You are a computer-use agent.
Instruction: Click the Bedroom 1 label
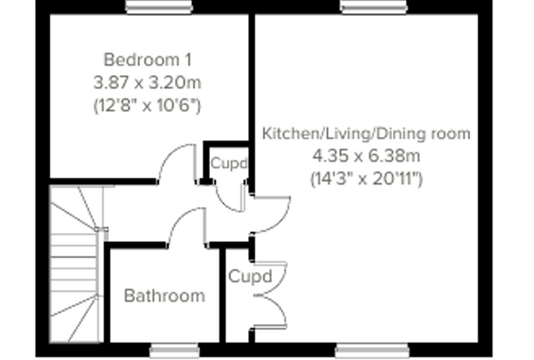[x=148, y=60]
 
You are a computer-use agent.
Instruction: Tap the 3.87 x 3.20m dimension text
[x=148, y=82]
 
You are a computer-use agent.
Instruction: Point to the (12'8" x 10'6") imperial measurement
[x=148, y=105]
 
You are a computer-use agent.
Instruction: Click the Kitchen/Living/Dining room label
[x=366, y=134]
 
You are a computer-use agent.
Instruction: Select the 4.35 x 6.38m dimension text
[x=366, y=156]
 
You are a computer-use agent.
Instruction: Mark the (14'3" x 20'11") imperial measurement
[x=366, y=179]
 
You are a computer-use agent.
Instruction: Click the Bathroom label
[x=164, y=295]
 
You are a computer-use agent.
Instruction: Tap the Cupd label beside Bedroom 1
[x=229, y=164]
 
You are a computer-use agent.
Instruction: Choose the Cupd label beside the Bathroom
[x=250, y=276]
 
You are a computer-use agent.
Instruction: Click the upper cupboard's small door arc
[x=223, y=203]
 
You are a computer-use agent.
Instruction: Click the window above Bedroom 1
[x=159, y=7]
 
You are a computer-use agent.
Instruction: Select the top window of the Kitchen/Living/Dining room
[x=374, y=7]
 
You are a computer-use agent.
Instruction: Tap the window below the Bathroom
[x=175, y=351]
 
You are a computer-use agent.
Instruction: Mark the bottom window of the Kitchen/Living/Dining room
[x=372, y=351]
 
